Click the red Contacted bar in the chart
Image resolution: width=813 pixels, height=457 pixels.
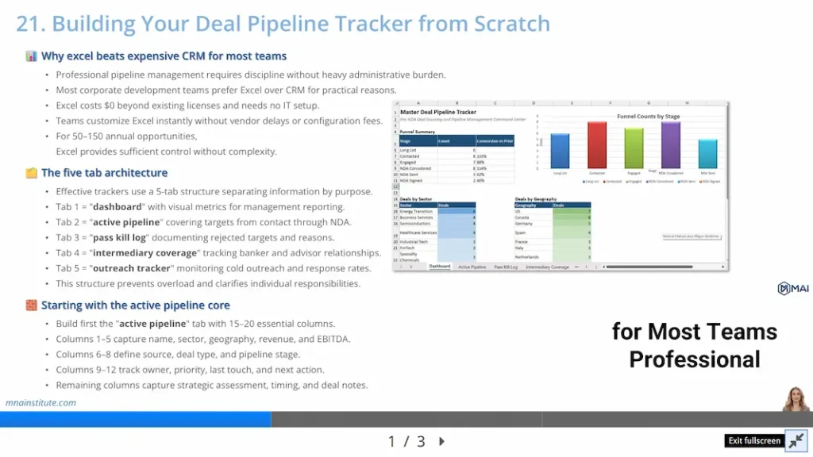pyautogui.click(x=597, y=145)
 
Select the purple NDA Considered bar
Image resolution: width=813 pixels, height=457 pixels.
pyautogui.click(x=671, y=145)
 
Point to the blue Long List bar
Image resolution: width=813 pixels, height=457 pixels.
pyautogui.click(x=560, y=151)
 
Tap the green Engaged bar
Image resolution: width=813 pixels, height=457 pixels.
pyautogui.click(x=634, y=148)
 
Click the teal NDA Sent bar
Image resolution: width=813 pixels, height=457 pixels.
pyautogui.click(x=707, y=154)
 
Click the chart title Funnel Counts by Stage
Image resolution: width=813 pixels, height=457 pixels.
pyautogui.click(x=649, y=116)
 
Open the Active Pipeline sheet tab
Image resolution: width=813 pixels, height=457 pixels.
pyautogui.click(x=472, y=267)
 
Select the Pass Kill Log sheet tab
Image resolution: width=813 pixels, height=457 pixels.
pyautogui.click(x=506, y=267)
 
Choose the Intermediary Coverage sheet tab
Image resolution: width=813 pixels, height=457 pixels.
pyautogui.click(x=547, y=267)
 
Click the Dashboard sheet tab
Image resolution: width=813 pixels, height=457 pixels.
pyautogui.click(x=439, y=267)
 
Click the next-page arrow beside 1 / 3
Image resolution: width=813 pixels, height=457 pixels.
pyautogui.click(x=442, y=441)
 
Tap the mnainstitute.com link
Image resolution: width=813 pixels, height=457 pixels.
pyautogui.click(x=40, y=402)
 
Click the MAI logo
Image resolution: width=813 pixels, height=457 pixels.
pyautogui.click(x=792, y=289)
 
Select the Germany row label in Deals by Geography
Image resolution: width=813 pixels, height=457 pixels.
pyautogui.click(x=524, y=224)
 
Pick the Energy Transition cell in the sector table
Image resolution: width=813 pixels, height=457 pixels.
pyautogui.click(x=418, y=212)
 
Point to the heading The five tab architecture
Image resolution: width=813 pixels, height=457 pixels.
pyautogui.click(x=104, y=173)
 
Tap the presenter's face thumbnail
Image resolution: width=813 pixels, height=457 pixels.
pyautogui.click(x=795, y=398)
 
